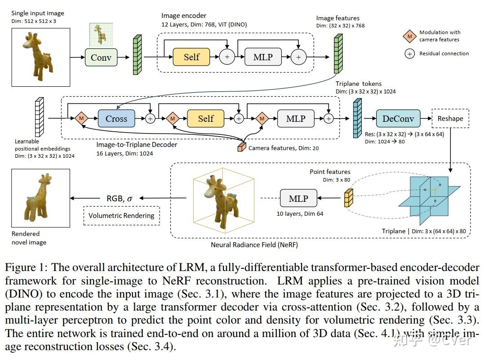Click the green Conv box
(101, 57)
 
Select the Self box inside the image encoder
(191, 57)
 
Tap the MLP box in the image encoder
(262, 57)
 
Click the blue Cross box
(116, 119)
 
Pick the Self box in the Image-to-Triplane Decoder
(205, 119)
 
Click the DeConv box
(398, 119)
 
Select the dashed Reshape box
(450, 119)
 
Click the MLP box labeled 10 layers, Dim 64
(298, 198)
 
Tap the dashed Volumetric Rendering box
(121, 215)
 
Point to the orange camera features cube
(242, 147)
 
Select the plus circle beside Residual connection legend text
(409, 53)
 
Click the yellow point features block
(347, 198)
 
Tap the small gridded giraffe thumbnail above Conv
(101, 35)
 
